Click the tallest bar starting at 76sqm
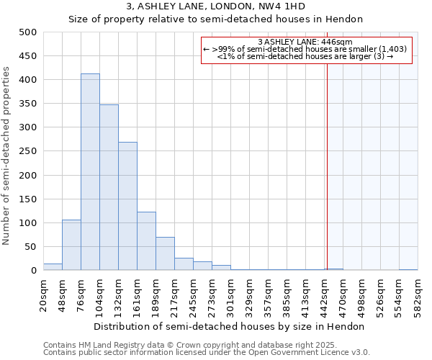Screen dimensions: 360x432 click(90, 172)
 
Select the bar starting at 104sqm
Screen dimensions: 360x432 click(109, 188)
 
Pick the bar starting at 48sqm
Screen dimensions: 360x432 click(71, 245)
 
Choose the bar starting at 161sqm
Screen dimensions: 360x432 click(146, 241)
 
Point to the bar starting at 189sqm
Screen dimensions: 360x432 click(165, 253)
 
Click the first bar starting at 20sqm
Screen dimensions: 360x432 click(53, 266)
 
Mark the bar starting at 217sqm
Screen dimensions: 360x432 click(184, 264)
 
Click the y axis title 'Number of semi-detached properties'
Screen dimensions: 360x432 click(7, 156)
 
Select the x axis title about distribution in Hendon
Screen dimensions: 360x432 click(229, 326)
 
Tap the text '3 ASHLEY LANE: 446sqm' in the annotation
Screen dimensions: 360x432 click(305, 42)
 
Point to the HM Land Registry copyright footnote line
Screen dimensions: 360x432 click(197, 345)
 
